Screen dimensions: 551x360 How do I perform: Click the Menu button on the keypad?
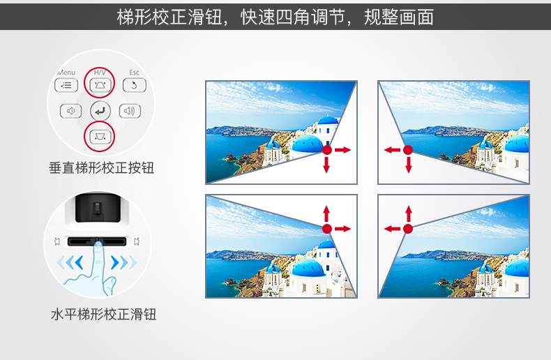click(66, 85)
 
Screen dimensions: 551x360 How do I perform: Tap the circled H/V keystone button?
click(100, 85)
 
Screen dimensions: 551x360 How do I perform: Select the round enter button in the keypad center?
click(100, 111)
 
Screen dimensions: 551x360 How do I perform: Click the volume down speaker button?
click(70, 111)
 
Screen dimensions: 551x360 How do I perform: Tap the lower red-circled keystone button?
click(100, 137)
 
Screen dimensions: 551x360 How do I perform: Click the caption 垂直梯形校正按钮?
click(102, 167)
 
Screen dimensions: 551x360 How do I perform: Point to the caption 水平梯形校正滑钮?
click(104, 314)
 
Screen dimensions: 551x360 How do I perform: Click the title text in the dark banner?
click(275, 17)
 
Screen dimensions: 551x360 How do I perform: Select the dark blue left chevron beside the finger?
click(79, 262)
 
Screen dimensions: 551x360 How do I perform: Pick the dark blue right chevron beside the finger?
click(115, 262)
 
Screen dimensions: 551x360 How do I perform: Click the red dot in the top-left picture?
click(327, 150)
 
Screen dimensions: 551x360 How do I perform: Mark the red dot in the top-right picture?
click(408, 150)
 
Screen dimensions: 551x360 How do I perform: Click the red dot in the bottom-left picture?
click(327, 229)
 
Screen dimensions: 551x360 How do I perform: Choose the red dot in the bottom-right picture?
click(408, 229)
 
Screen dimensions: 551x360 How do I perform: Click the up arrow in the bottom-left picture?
click(326, 213)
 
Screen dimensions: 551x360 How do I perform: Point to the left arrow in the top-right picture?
click(392, 150)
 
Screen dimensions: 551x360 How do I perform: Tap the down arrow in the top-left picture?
click(326, 165)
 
